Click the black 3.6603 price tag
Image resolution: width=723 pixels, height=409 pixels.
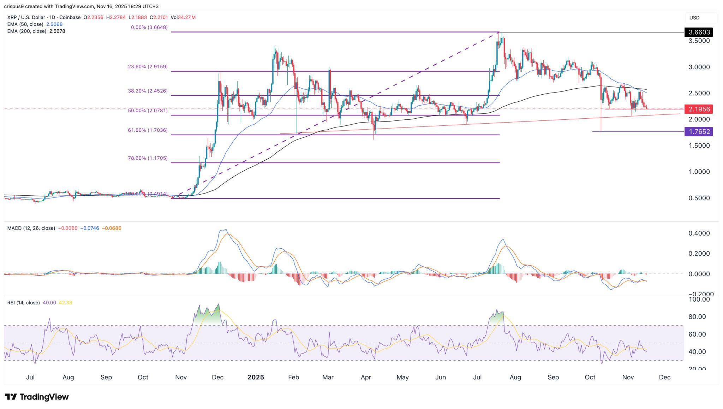698,32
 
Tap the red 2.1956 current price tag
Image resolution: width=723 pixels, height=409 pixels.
698,109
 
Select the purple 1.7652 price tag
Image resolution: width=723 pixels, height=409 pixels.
698,132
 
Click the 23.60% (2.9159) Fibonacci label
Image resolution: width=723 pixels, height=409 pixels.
148,66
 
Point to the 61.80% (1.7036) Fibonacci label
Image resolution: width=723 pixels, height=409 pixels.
148,130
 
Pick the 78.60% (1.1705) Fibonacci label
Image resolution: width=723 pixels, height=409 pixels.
148,158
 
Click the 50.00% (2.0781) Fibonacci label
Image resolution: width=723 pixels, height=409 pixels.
148,111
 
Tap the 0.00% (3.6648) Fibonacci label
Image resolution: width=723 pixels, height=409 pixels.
149,27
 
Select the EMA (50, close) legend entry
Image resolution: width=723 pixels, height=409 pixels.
25,24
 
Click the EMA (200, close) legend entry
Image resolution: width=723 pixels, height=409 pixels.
26,31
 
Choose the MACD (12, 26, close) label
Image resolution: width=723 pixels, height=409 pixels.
31,228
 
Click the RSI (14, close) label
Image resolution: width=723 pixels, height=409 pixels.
23,303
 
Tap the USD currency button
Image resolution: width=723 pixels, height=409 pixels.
694,18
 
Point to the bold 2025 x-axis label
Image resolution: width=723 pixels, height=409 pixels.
256,377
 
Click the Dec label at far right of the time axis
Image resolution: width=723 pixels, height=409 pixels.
665,377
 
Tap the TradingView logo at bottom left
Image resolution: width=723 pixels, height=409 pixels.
37,397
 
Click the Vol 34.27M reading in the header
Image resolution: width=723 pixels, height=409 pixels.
183,17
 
